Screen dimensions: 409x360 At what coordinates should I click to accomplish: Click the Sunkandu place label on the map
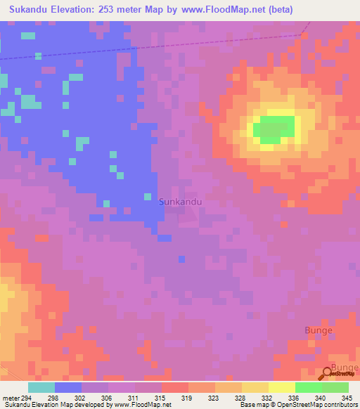click(181, 202)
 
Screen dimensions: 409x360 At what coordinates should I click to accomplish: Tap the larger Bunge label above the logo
click(318, 330)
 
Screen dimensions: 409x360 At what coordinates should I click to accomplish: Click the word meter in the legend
click(10, 398)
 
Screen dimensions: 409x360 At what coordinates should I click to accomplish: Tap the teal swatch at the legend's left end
click(41, 387)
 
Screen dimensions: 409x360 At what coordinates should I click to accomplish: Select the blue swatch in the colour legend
click(68, 387)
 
